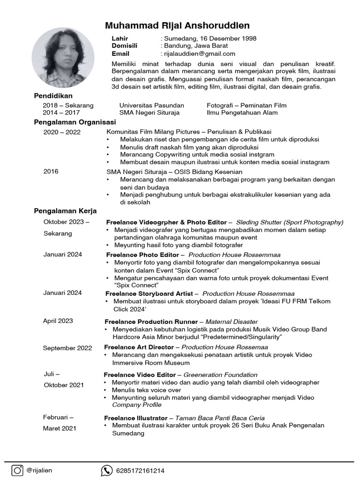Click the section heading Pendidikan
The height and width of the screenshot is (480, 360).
53,96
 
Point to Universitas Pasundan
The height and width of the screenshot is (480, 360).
151,105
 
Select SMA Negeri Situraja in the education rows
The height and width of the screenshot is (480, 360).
149,112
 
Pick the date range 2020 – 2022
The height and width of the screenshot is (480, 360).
62,132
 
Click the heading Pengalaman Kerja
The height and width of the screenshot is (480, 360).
65,211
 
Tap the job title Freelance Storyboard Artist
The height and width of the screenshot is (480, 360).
149,293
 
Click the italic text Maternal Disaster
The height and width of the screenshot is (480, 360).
232,322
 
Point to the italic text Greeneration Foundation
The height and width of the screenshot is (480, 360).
220,375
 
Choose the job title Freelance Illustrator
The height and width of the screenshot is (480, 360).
135,418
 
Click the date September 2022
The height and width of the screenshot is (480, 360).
67,348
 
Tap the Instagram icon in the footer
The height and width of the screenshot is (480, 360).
17,470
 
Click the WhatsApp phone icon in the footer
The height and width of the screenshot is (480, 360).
107,471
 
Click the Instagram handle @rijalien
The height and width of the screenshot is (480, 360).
39,471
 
